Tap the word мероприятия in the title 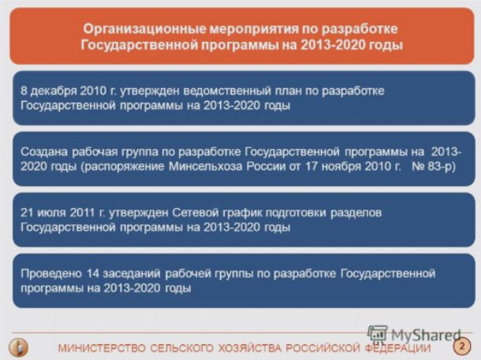coord(255,29)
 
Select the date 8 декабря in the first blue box coord(49,91)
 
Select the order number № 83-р coord(434,166)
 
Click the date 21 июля coord(43,213)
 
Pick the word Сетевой coord(195,213)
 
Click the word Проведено coord(51,273)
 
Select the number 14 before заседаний coord(93,273)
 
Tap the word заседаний coord(132,274)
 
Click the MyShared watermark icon coord(378,334)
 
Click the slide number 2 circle coord(461,346)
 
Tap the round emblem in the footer coord(19,347)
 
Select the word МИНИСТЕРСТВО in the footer coord(102,348)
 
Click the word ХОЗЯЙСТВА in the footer coord(250,348)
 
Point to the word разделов coord(356,213)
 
